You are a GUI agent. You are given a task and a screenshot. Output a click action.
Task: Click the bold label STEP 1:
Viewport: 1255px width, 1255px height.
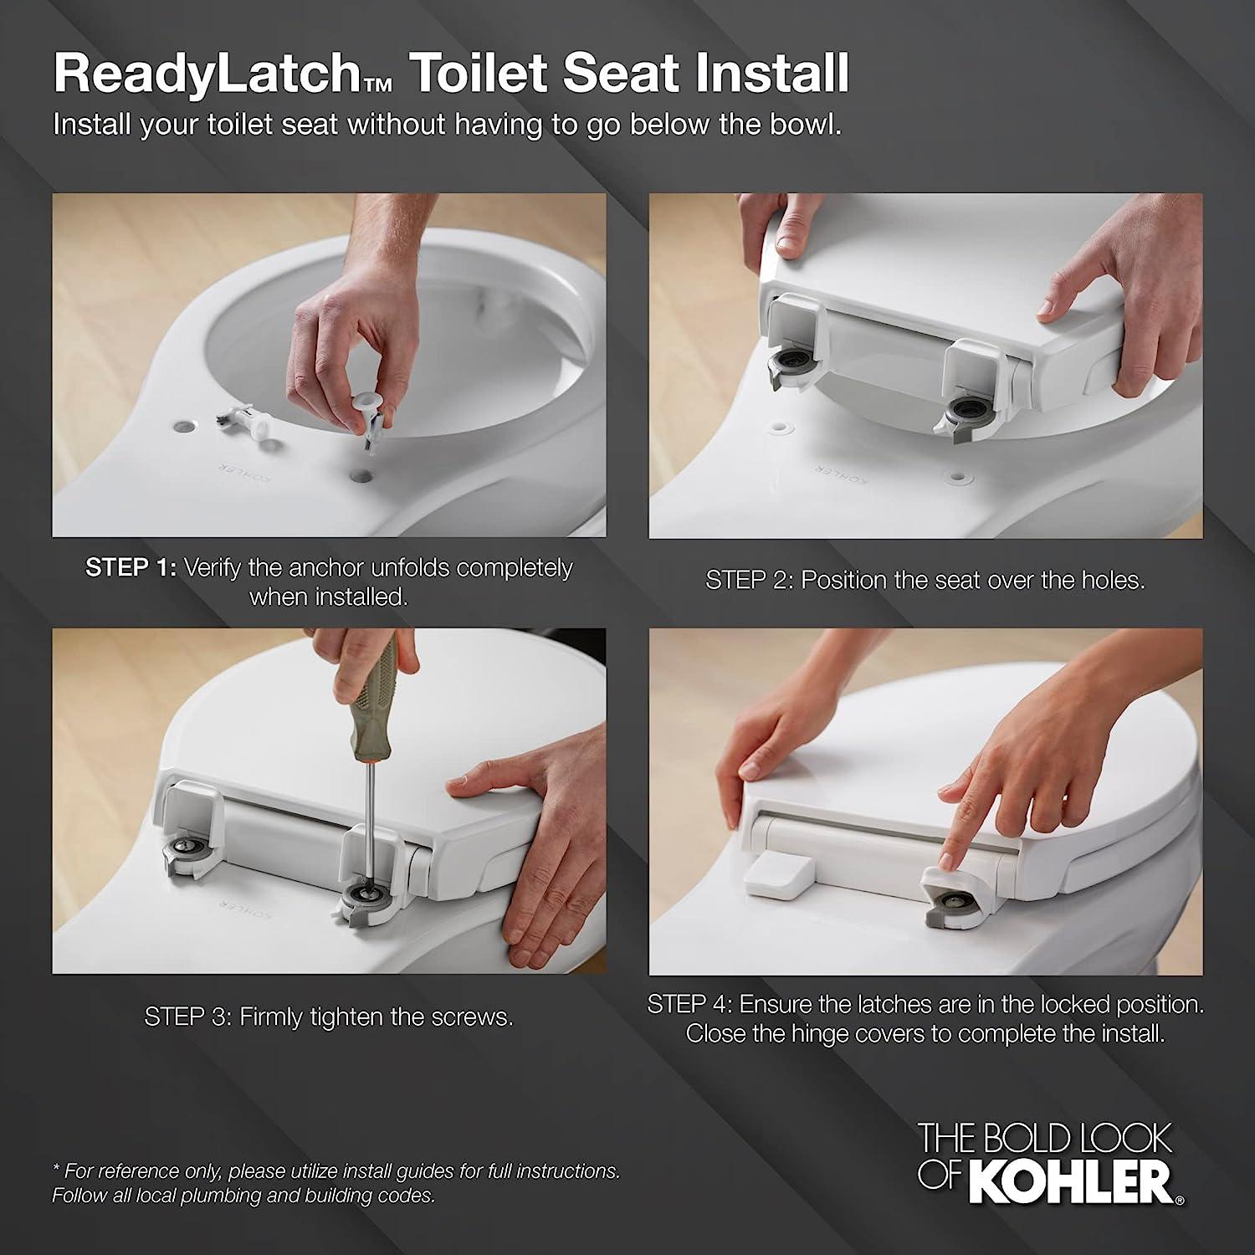(131, 567)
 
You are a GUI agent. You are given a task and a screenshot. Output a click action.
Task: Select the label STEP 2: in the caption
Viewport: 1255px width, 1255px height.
(749, 580)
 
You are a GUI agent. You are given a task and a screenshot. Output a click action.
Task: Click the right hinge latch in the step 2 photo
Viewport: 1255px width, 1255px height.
(962, 413)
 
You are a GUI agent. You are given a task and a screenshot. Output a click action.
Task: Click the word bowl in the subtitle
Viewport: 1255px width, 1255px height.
(795, 125)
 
